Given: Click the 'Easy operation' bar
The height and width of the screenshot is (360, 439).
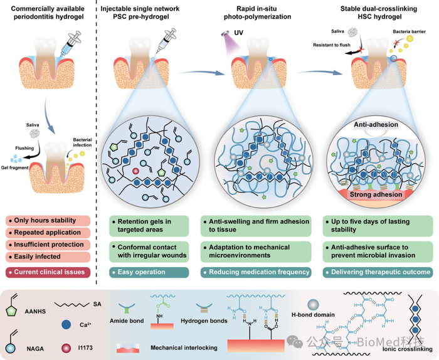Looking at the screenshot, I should (144, 272).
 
